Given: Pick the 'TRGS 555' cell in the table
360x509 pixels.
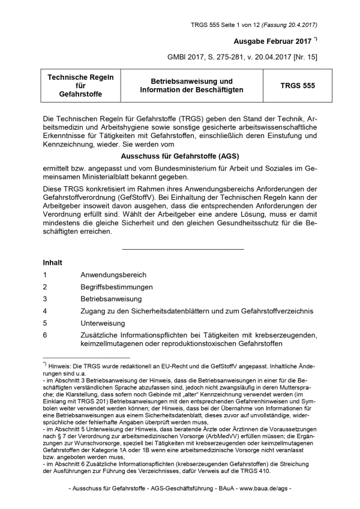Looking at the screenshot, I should coord(297,86).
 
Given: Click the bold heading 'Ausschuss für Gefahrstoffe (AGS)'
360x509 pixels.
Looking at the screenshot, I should coord(180,155).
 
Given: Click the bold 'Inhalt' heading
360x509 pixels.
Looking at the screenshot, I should coord(53,262).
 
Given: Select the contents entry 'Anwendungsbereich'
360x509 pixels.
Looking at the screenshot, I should coord(113,275).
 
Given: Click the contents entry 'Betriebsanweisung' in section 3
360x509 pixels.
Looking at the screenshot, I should coord(111,299).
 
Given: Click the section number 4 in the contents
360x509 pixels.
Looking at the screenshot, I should coord(45,311).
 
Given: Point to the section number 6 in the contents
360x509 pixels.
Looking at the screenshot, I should coord(45,334).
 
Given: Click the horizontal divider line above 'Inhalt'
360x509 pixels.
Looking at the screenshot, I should coord(182,248).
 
